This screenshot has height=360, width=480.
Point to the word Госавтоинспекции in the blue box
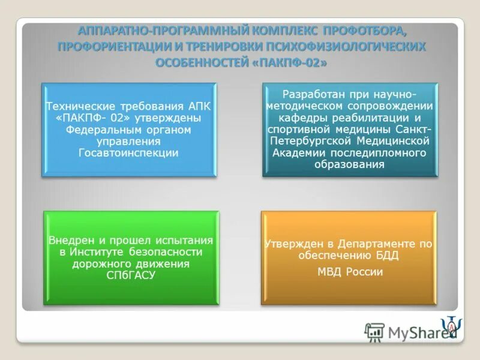(128, 153)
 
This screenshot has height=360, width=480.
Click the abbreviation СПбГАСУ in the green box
(131, 275)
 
